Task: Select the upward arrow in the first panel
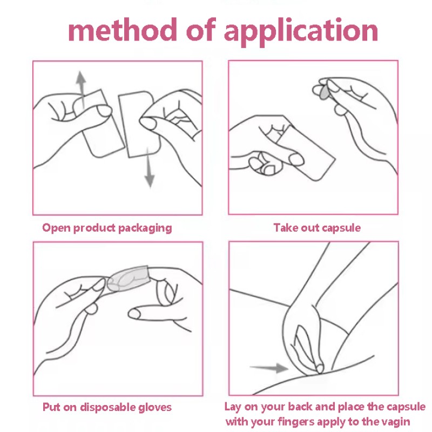(x=81, y=84)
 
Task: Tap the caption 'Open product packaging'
(x=107, y=228)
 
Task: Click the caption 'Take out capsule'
(x=317, y=228)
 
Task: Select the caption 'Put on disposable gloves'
(x=107, y=407)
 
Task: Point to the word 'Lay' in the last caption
(x=233, y=407)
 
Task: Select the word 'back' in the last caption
(x=291, y=407)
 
